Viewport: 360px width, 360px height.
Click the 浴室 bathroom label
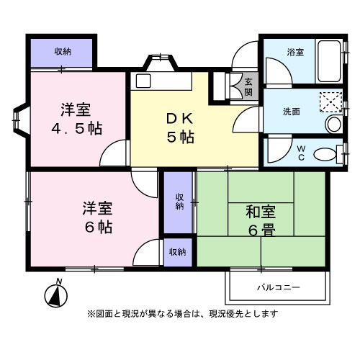click(295, 53)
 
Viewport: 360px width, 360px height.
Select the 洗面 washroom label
click(292, 112)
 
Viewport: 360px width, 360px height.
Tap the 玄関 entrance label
click(248, 86)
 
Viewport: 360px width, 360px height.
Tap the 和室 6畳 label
click(260, 221)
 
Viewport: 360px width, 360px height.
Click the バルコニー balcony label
click(279, 288)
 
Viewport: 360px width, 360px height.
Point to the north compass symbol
click(55, 293)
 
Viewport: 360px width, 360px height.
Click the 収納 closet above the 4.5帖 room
click(63, 51)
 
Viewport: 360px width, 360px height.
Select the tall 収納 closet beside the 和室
click(179, 202)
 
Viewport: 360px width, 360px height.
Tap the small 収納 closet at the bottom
click(178, 252)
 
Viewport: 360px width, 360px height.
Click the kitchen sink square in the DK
click(142, 80)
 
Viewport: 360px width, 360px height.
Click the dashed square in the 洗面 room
click(330, 103)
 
